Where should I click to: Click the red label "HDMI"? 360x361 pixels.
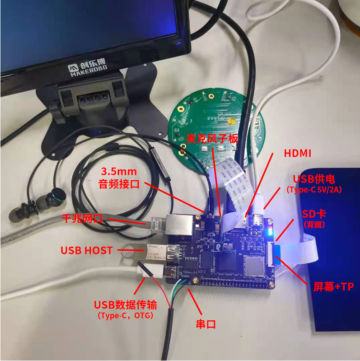click(297, 153)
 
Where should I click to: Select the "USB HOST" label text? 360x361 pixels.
click(87, 250)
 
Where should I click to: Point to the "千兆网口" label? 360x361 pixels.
click(82, 219)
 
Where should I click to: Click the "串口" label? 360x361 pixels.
click(204, 324)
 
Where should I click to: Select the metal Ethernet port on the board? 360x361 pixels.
click(178, 224)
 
